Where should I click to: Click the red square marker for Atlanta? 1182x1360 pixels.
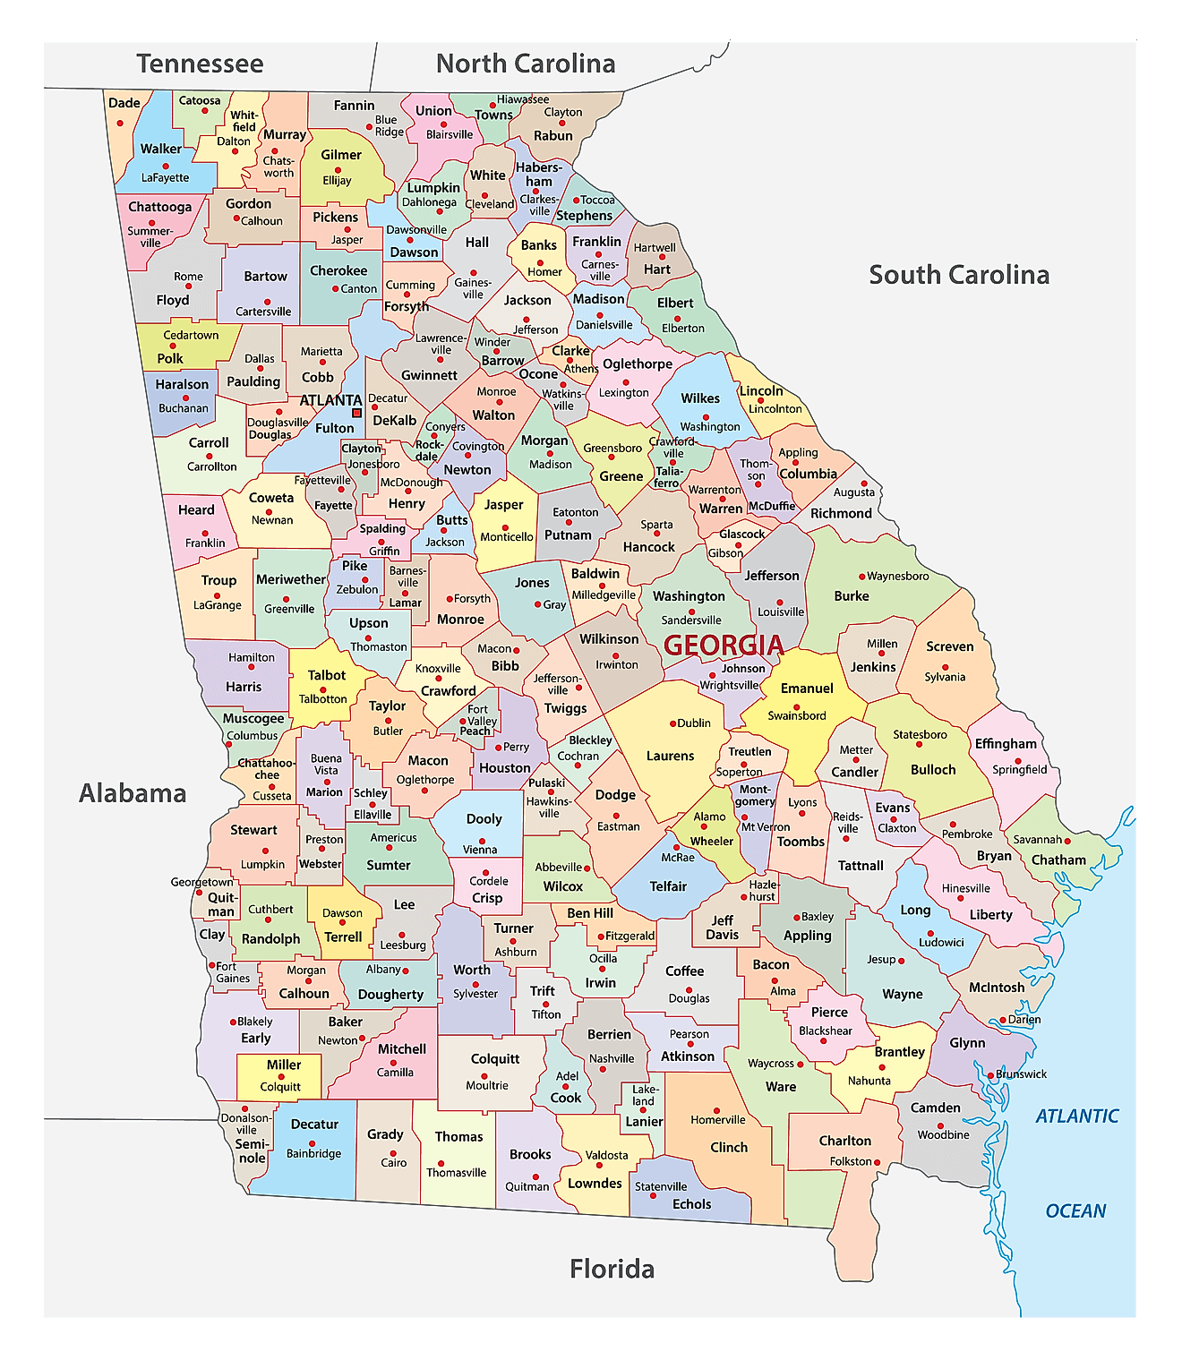(x=357, y=413)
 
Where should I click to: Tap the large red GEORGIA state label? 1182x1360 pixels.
(x=724, y=645)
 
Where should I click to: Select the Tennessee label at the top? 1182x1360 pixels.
(x=200, y=64)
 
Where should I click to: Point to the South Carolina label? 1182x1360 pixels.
(x=959, y=275)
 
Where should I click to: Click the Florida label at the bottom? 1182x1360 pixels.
(x=612, y=1269)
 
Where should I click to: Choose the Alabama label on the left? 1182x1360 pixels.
(x=133, y=793)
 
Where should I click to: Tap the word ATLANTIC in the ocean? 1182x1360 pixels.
(x=1077, y=1116)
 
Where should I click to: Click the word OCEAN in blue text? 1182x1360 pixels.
(x=1075, y=1210)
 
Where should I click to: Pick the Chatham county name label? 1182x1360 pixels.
(x=1058, y=860)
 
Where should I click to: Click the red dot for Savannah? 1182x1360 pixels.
(x=1068, y=840)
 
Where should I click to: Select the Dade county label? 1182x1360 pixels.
(x=124, y=103)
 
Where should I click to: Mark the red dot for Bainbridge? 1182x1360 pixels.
(x=312, y=1143)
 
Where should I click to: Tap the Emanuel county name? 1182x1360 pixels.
(x=807, y=689)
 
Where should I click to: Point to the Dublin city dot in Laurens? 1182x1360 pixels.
(x=672, y=723)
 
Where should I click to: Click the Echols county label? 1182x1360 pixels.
(x=691, y=1204)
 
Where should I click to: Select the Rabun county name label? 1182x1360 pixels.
(x=553, y=135)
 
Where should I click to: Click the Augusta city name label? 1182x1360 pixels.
(x=854, y=492)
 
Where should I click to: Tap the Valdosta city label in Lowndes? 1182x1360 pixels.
(x=607, y=1155)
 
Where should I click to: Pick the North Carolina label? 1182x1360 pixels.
(x=526, y=64)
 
